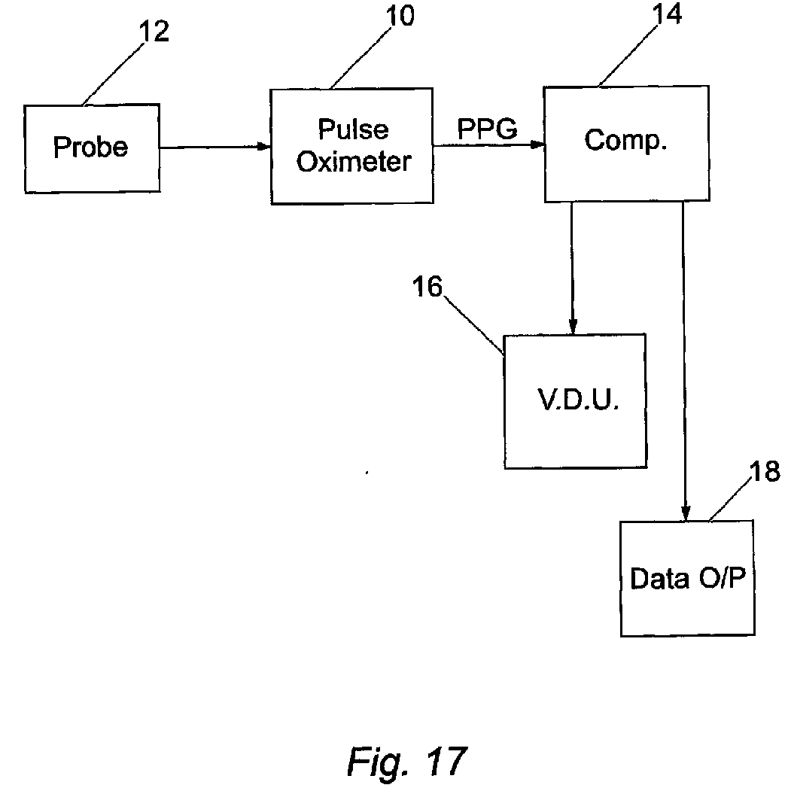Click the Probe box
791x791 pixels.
pos(93,148)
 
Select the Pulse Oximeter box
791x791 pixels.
pos(352,146)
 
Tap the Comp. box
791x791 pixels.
pos(627,144)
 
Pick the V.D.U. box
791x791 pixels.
pos(576,401)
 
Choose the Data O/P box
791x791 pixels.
pos(688,578)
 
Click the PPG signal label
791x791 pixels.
pos(487,129)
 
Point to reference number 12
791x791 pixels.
pos(154,32)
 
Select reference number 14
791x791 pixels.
pos(667,14)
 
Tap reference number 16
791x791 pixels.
pos(427,287)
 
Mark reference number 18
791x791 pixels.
pos(765,472)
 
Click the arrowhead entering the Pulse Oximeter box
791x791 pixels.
pos(264,147)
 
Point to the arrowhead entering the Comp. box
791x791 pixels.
pos(537,145)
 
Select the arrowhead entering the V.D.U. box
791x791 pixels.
pos(573,326)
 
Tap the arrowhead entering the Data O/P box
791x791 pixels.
pos(686,513)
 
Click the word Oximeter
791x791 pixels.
pos(354,162)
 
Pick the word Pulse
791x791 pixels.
pos(353,129)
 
